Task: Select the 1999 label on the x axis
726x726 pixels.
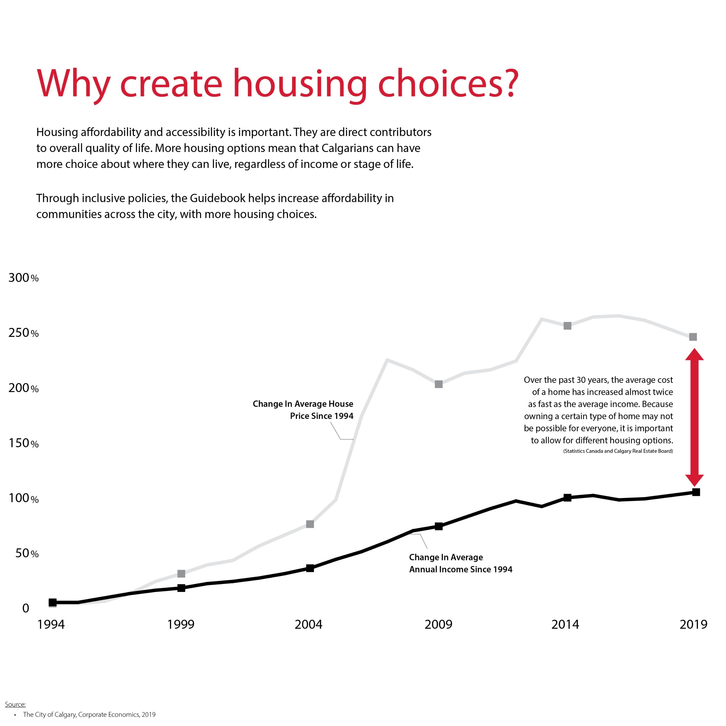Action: pyautogui.click(x=181, y=624)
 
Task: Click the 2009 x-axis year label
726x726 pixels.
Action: pyautogui.click(x=438, y=624)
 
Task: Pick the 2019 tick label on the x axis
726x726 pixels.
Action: pyautogui.click(x=693, y=624)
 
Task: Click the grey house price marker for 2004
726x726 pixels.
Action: pyautogui.click(x=310, y=524)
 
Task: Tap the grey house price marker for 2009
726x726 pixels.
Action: pyautogui.click(x=438, y=384)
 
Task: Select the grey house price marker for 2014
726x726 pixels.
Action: pyautogui.click(x=567, y=326)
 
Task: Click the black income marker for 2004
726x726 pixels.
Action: pyautogui.click(x=310, y=568)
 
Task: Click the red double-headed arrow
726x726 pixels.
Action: pyautogui.click(x=694, y=417)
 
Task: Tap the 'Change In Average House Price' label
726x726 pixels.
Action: pyautogui.click(x=303, y=410)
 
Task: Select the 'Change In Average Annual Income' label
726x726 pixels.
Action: pyautogui.click(x=460, y=563)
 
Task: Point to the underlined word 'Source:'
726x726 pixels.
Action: pyautogui.click(x=15, y=704)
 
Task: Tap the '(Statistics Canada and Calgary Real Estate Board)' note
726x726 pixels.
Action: pyautogui.click(x=618, y=451)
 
